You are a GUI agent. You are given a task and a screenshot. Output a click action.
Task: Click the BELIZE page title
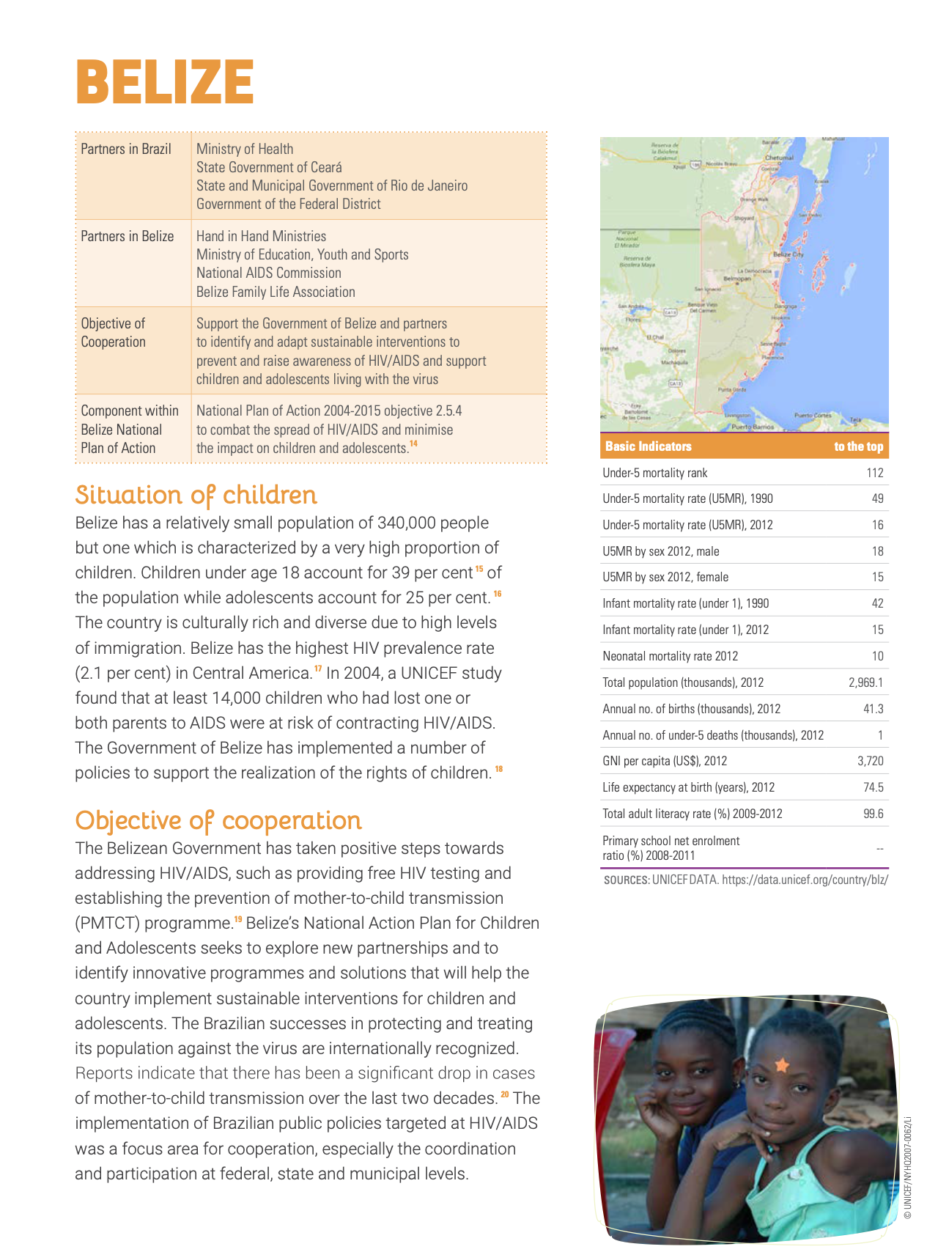165,81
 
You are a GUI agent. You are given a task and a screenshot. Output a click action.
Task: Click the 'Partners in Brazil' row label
126,149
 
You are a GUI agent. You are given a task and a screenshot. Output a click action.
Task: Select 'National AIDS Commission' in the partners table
268,273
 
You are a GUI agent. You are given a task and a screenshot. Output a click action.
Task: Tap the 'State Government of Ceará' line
269,167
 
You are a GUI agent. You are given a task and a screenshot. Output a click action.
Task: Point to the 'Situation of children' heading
196,496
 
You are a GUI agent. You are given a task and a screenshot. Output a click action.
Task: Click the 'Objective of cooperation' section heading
218,821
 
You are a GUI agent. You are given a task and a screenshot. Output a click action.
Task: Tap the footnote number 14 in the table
414,443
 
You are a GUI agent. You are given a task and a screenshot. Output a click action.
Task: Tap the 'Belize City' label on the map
788,254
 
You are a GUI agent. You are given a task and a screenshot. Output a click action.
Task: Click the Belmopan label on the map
737,279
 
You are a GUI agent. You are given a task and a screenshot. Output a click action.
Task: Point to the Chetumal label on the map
779,158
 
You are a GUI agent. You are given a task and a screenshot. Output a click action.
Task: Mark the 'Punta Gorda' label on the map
731,390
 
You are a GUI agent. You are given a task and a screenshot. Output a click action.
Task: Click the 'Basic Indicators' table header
649,446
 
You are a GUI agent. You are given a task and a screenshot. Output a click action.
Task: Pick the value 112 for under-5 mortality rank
875,473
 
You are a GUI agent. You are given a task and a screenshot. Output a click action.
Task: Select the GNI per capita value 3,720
870,761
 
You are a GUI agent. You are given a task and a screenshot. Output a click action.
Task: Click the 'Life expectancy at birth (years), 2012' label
688,787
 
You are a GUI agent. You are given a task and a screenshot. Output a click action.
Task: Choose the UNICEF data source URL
805,880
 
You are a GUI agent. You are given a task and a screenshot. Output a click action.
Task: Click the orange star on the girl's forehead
781,1064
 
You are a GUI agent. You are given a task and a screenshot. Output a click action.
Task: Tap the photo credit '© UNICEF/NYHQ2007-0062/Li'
907,1167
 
